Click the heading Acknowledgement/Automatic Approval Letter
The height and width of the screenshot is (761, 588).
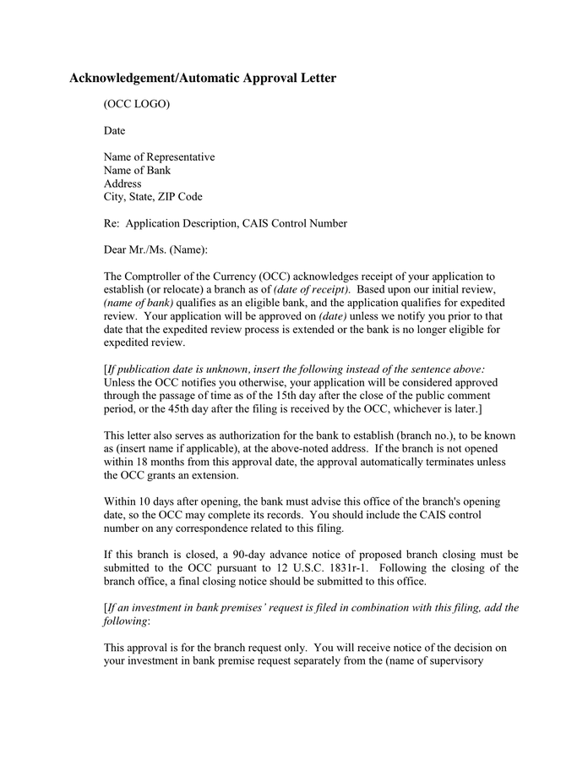pos(202,79)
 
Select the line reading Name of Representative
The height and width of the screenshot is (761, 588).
pos(159,156)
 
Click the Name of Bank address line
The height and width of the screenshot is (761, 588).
pos(137,170)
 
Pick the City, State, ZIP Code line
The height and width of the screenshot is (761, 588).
pos(153,196)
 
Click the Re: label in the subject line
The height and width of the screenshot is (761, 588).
pos(112,223)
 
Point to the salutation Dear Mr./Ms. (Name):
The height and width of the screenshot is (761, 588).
pos(155,249)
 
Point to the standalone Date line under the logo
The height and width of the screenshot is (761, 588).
pos(114,130)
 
